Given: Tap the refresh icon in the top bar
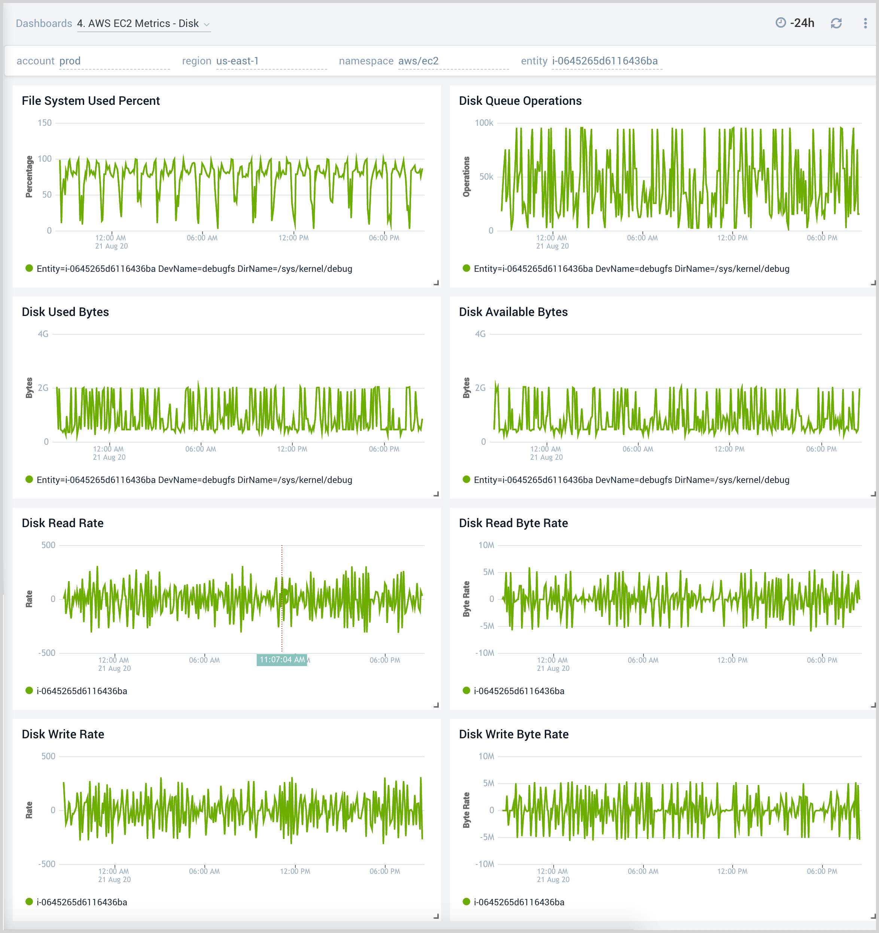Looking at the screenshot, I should click(836, 23).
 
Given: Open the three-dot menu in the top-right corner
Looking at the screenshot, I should click(865, 23).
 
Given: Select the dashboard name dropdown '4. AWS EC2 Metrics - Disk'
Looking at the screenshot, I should click(143, 24).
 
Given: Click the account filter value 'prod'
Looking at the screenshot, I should click(70, 61).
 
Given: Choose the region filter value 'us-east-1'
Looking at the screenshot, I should click(237, 61).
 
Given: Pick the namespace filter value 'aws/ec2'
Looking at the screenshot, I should click(418, 61).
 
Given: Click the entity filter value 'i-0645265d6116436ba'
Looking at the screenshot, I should click(605, 61).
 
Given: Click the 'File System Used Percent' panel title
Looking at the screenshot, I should click(91, 101).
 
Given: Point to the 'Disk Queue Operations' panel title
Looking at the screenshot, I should click(520, 101).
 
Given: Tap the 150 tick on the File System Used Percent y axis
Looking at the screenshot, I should click(45, 123).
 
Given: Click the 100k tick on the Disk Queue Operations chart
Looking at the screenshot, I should click(484, 123).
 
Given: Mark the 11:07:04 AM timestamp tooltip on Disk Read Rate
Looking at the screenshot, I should click(282, 659).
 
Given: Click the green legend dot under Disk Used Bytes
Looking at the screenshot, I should click(29, 479).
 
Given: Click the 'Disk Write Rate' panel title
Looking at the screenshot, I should click(63, 734).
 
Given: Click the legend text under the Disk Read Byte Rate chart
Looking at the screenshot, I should click(518, 691).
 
